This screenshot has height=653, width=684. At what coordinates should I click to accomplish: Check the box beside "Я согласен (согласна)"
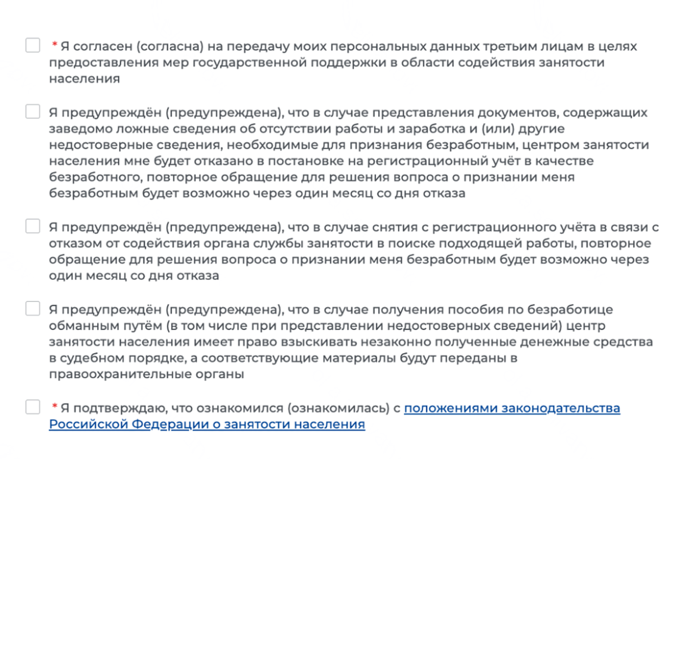point(33,45)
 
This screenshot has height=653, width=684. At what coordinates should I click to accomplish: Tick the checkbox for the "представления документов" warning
point(33,111)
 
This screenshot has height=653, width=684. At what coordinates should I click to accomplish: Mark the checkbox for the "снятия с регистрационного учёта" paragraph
point(33,226)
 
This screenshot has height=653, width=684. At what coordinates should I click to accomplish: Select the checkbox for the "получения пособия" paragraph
point(33,308)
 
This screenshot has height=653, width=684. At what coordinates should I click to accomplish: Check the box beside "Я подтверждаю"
point(33,407)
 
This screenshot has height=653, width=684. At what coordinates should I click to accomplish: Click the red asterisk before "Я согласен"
point(54,45)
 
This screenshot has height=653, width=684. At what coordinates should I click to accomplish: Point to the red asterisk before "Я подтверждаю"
point(54,406)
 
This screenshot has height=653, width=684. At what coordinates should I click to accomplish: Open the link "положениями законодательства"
point(511,408)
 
